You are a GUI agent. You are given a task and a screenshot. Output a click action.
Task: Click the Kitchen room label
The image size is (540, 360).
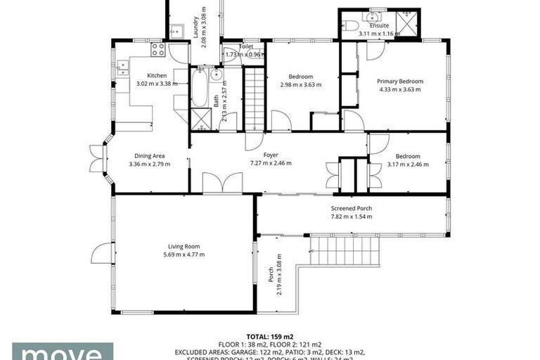[x=156, y=75]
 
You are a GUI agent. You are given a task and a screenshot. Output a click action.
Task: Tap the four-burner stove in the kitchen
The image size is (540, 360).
[x=158, y=50]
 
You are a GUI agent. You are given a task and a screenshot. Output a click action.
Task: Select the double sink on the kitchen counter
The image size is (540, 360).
[x=123, y=67]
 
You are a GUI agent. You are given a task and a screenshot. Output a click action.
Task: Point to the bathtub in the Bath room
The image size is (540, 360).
[x=199, y=87]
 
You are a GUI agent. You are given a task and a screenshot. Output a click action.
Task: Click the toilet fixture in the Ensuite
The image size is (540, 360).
[x=351, y=25]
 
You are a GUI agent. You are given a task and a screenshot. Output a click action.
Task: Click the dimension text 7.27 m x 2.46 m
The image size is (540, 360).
[x=270, y=163]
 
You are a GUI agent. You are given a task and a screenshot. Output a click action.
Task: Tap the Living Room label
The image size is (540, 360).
[x=184, y=246]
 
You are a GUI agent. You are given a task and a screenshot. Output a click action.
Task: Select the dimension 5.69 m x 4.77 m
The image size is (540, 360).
[x=184, y=255]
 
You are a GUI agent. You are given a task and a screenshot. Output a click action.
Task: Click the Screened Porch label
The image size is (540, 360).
[x=352, y=208]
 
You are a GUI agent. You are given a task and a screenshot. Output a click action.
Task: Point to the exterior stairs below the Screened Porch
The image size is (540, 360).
[x=345, y=251]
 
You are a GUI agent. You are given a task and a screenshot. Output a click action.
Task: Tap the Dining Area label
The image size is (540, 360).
[x=149, y=156]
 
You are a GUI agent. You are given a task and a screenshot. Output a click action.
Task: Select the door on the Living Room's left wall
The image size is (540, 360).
[x=102, y=253]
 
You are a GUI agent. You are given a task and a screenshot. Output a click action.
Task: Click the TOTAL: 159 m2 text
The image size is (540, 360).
[x=270, y=337]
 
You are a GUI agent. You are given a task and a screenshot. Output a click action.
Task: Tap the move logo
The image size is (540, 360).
[x=63, y=352]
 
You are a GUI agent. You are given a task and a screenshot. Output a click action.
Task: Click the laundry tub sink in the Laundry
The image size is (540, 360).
[x=175, y=31]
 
